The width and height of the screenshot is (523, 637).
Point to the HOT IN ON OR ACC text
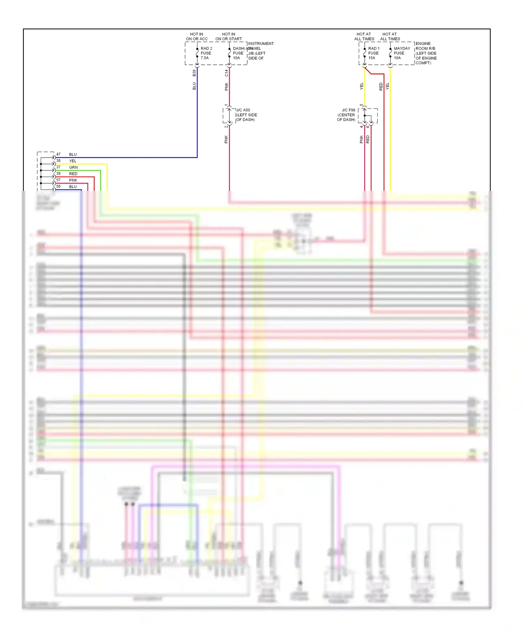point(197,37)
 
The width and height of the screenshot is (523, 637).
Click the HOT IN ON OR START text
point(228,37)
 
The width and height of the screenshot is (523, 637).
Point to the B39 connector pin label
point(194,73)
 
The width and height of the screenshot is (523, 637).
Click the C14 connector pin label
point(226,73)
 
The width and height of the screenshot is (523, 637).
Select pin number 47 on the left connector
point(58,154)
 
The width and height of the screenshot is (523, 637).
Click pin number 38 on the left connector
point(58,161)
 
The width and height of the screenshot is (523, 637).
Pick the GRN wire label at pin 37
point(73,167)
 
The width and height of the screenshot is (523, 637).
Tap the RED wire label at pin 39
point(73,174)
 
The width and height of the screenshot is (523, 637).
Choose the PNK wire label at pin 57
point(73,180)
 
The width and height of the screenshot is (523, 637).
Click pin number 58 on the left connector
point(58,186)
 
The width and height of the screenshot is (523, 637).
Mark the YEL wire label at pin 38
point(73,161)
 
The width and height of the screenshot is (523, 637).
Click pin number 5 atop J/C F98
point(362,105)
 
